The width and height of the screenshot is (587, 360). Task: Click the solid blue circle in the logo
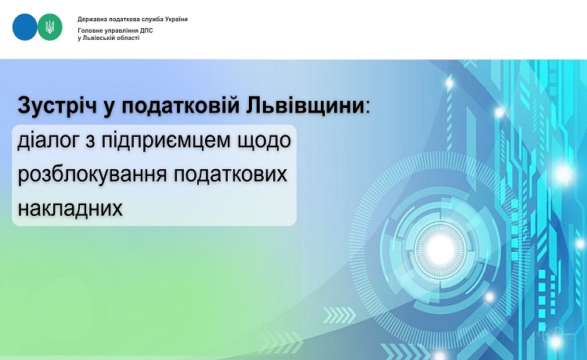point(25,27)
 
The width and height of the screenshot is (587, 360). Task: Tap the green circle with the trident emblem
point(50,27)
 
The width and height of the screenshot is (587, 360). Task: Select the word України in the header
point(176,19)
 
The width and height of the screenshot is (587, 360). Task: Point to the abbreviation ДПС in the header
point(146,31)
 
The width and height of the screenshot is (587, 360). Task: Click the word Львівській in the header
point(95,38)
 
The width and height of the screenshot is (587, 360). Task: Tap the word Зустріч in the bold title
point(57,106)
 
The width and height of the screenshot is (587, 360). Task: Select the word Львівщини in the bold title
point(305,106)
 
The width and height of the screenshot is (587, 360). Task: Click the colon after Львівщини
point(367,109)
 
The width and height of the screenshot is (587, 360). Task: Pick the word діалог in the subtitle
point(51,141)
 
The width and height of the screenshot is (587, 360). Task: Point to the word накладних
point(70,208)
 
